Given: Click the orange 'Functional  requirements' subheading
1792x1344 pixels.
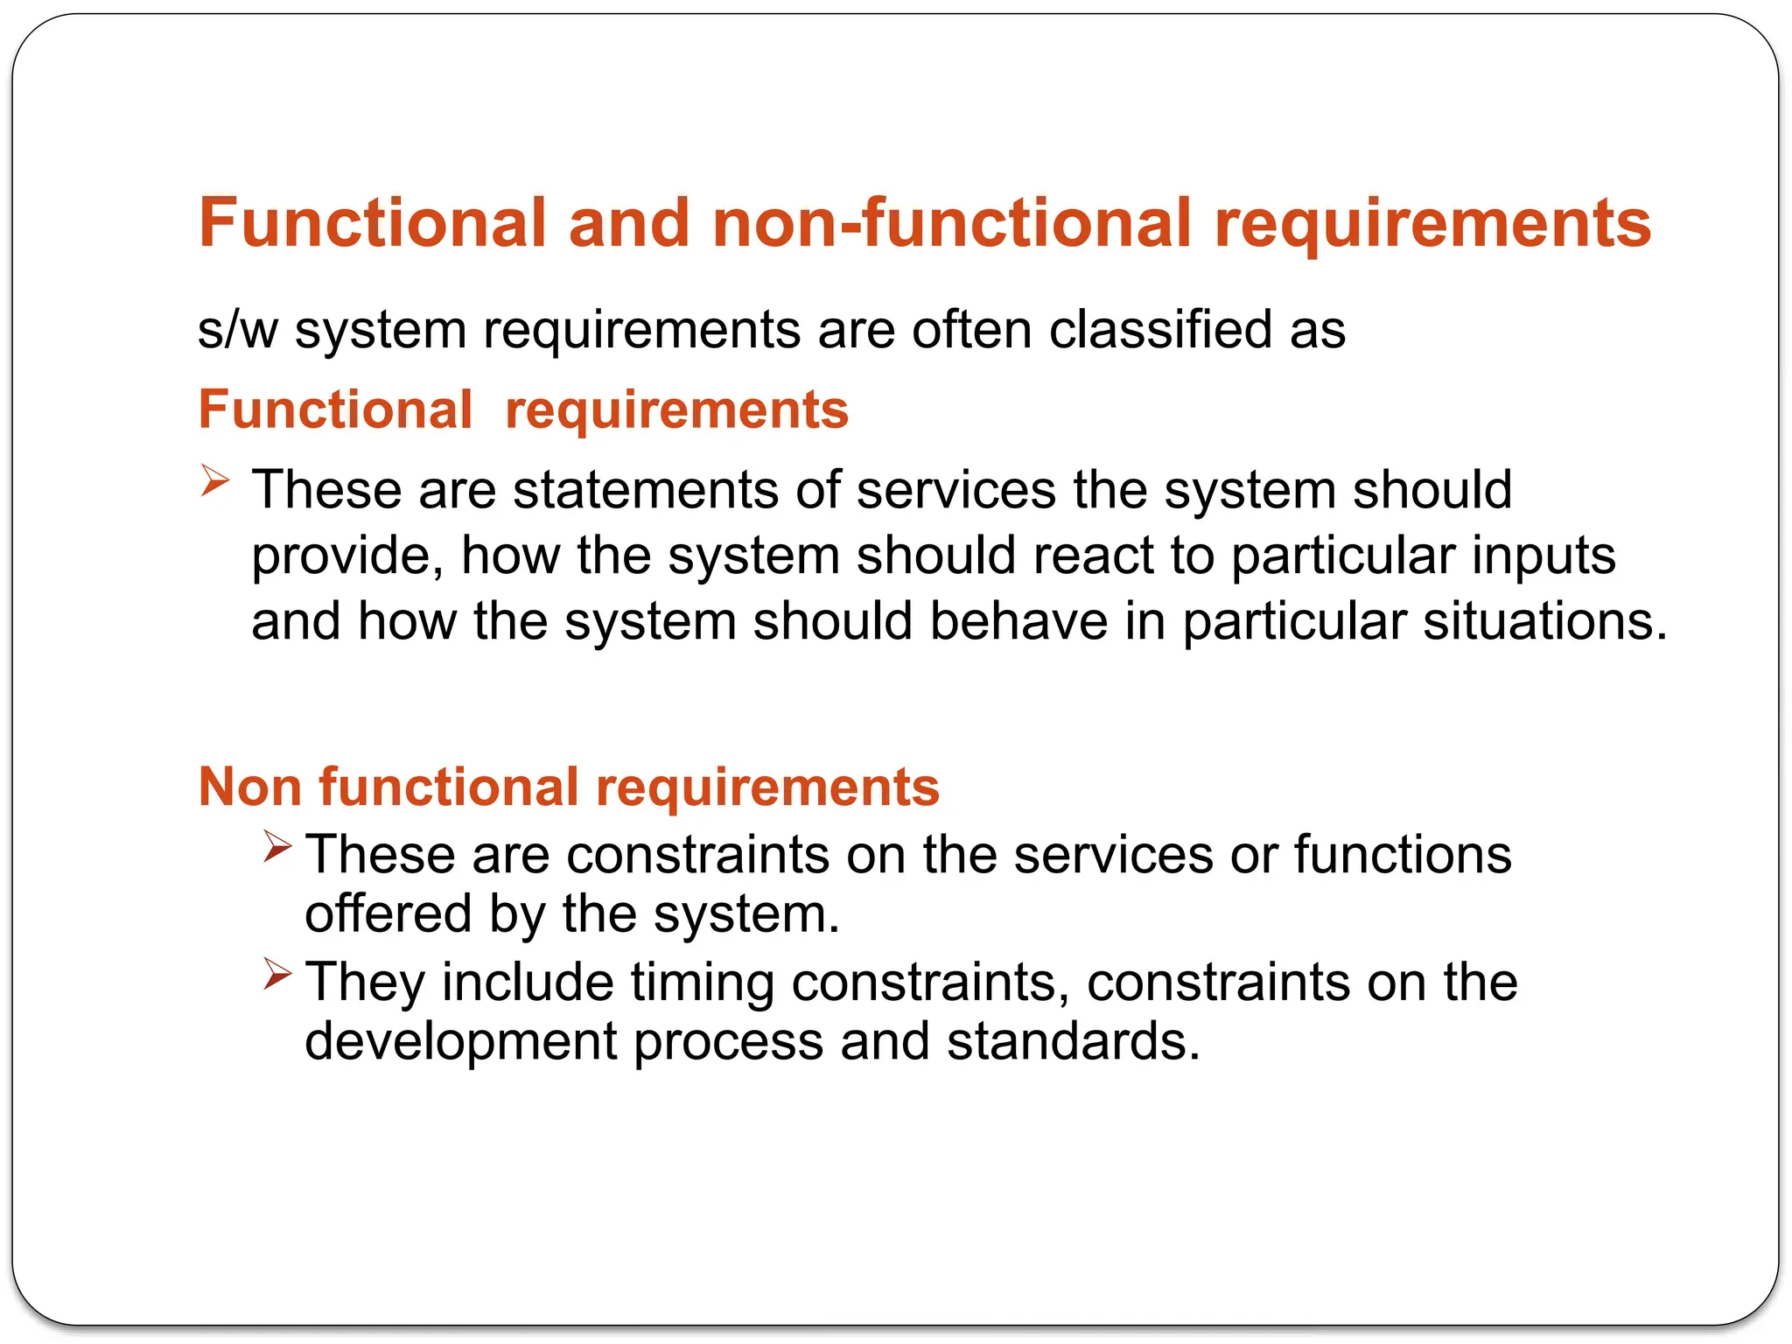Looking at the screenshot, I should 523,409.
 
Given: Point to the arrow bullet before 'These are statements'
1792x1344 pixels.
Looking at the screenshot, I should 214,480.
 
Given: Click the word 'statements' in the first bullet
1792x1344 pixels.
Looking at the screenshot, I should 646,489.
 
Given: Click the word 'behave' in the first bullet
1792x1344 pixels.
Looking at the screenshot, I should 1018,621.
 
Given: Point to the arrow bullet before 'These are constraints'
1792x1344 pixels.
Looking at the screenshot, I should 277,846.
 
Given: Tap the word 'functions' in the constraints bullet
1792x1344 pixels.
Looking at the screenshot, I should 1403,854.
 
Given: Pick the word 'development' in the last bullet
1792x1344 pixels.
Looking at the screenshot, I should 461,1041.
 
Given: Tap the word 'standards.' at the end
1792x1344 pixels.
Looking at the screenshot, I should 1074,1041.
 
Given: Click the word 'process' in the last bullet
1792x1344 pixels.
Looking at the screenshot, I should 728,1041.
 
